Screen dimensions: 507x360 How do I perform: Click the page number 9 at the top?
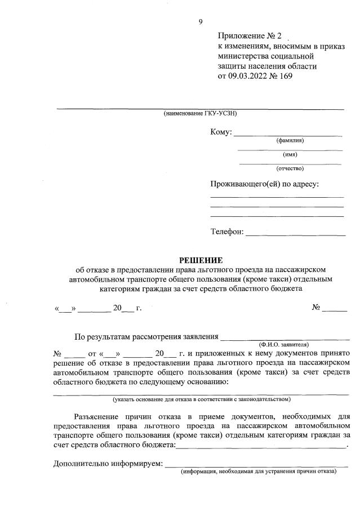(x=200, y=22)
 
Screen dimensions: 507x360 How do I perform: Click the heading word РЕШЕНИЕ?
(x=201, y=260)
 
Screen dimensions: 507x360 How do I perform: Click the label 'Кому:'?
(x=221, y=132)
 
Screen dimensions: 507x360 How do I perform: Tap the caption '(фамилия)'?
(x=290, y=140)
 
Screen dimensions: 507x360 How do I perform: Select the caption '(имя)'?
(x=290, y=154)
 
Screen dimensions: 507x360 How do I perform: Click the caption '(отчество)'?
(x=290, y=168)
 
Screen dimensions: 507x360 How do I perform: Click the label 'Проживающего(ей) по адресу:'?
(x=265, y=184)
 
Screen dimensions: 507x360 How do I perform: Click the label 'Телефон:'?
(x=227, y=232)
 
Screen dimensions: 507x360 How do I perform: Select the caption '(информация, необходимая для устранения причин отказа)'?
(x=258, y=472)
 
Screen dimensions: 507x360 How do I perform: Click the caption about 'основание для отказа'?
(x=201, y=399)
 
